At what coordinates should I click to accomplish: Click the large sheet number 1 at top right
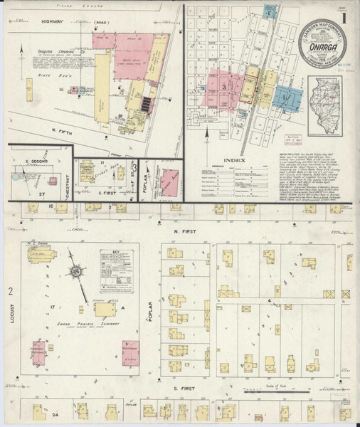344,17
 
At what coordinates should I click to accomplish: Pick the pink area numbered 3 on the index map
223,87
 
